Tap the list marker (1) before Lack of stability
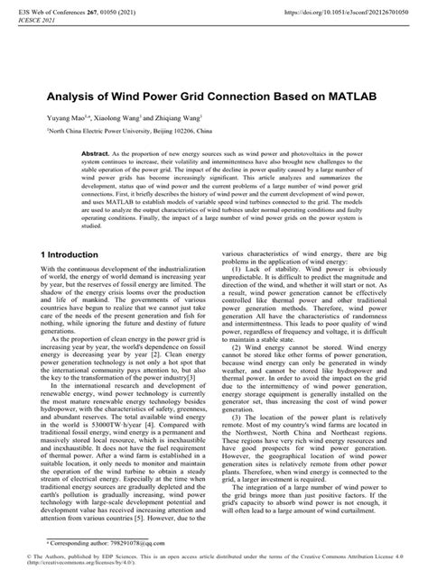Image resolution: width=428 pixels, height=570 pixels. coord(239,294)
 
